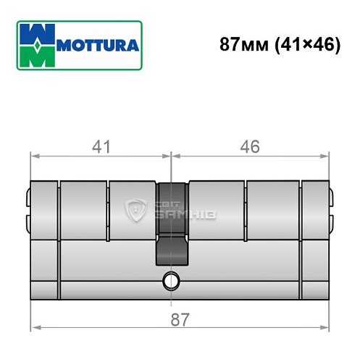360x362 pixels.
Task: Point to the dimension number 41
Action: [101, 148]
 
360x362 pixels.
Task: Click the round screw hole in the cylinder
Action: [171, 278]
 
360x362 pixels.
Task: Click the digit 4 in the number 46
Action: [245, 148]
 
